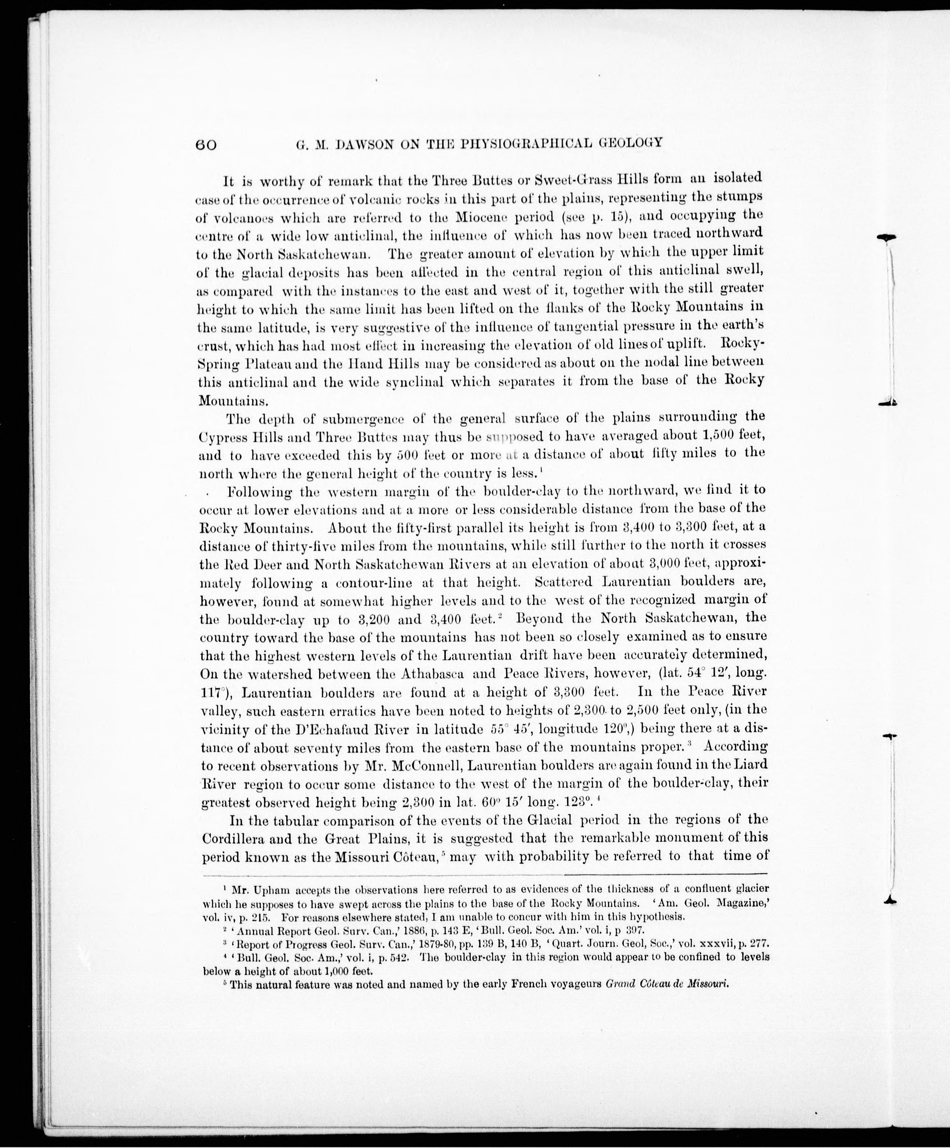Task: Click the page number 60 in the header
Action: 206,144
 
